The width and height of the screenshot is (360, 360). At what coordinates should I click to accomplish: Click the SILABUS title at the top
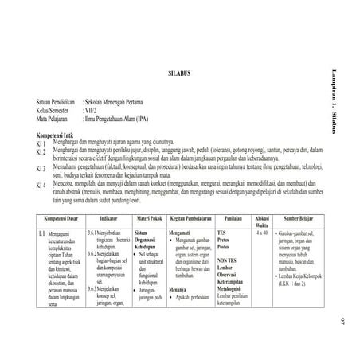[180, 73]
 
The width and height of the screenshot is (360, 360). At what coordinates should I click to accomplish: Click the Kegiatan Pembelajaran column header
[190, 217]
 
